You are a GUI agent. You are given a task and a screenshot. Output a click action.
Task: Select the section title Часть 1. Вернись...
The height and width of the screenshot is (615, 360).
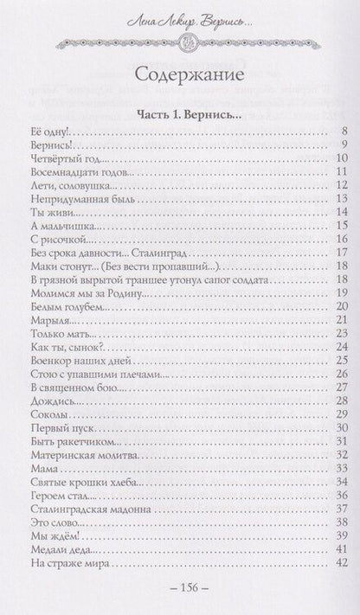179,113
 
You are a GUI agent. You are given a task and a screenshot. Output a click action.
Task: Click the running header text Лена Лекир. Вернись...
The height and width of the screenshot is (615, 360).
179,19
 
